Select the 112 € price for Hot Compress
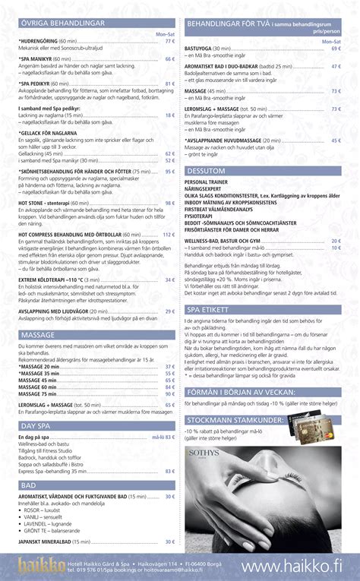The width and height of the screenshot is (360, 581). coord(169,235)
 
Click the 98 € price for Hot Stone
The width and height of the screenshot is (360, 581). coord(169,204)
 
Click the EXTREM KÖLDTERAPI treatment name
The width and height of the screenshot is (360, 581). coord(55,279)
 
